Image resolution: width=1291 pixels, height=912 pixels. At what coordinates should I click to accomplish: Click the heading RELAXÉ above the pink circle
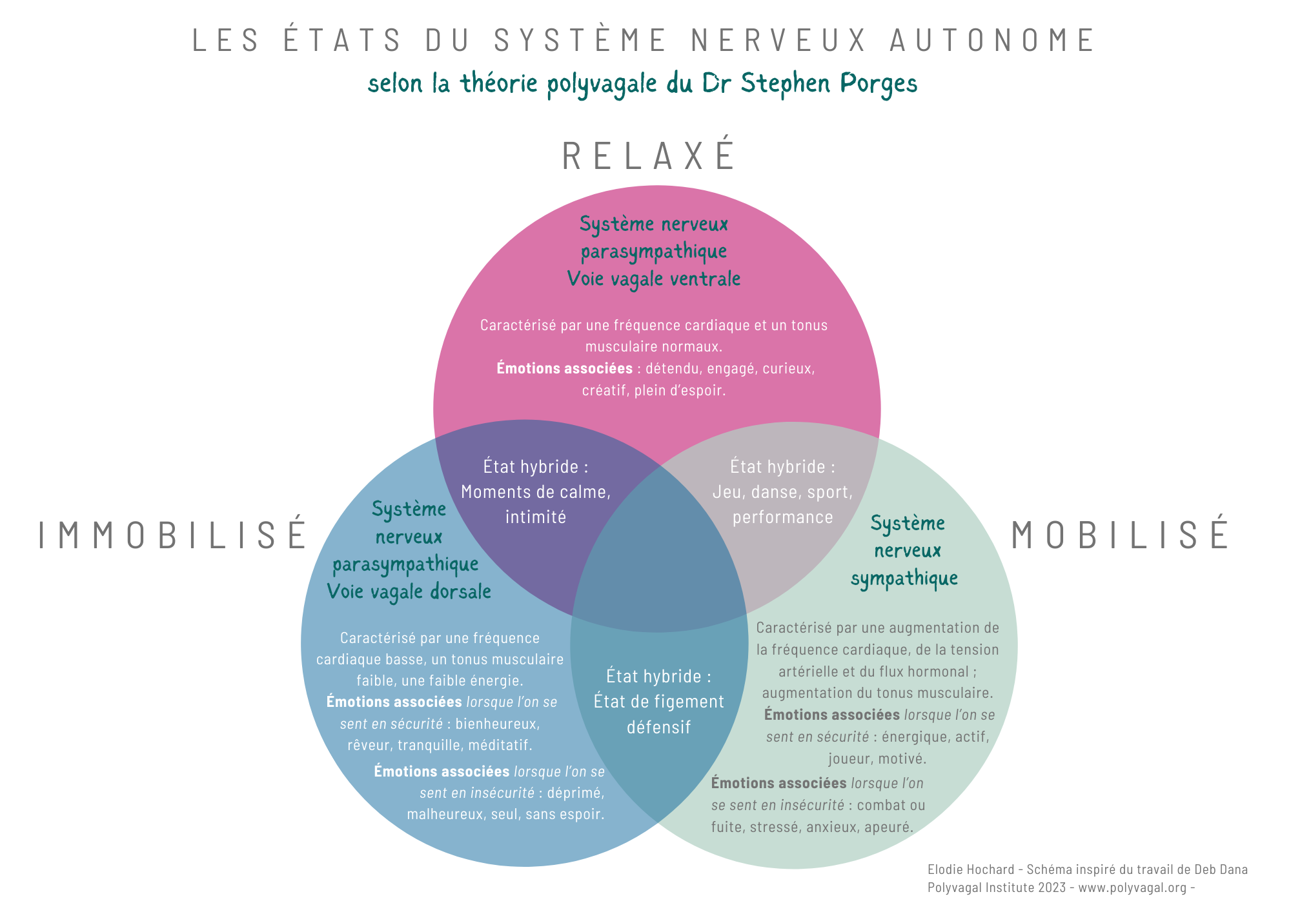(x=649, y=156)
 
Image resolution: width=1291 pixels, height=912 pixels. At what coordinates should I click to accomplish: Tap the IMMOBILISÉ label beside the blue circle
(x=173, y=535)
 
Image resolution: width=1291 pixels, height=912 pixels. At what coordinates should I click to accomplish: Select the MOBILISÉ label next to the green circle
(x=1120, y=535)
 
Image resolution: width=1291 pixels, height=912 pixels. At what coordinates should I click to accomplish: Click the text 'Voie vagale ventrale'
(x=653, y=279)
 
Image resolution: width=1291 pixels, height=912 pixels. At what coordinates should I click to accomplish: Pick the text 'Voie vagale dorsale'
(x=409, y=591)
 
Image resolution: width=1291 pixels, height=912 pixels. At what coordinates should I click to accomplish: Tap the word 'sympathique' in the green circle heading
(x=904, y=579)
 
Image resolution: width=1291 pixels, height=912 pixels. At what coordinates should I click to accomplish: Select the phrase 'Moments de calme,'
(x=536, y=492)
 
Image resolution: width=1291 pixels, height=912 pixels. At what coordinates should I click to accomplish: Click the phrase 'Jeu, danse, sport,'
(x=782, y=492)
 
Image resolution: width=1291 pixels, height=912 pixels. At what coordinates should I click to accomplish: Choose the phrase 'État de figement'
(x=658, y=702)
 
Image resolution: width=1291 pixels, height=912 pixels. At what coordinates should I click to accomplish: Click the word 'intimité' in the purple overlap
(x=536, y=517)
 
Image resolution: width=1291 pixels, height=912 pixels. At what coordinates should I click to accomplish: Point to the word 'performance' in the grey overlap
(x=782, y=517)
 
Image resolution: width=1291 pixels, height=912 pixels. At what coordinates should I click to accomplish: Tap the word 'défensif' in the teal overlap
(x=658, y=728)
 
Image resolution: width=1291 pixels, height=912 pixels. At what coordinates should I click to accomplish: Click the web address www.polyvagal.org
(x=1132, y=887)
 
